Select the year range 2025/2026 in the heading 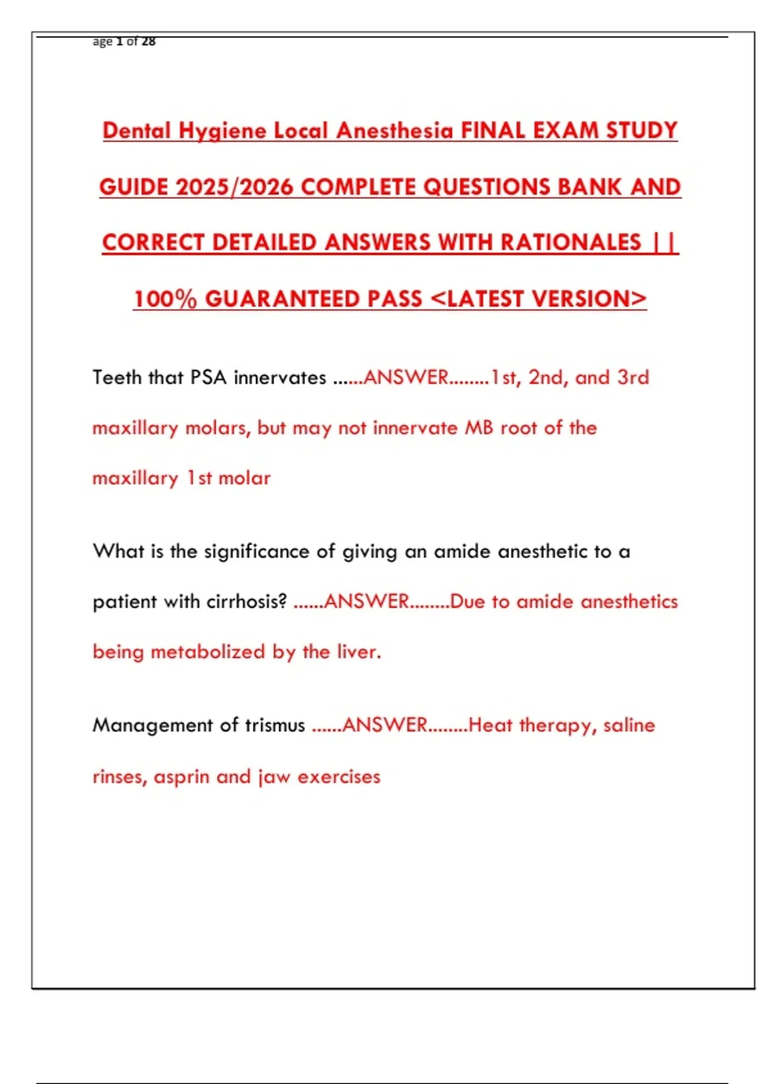(234, 187)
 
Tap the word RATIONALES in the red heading (571, 243)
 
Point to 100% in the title (165, 299)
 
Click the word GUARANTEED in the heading (313, 299)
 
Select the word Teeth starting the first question (117, 377)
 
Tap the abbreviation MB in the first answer (479, 428)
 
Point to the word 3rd (633, 377)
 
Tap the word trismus (275, 726)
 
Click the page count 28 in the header (149, 42)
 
